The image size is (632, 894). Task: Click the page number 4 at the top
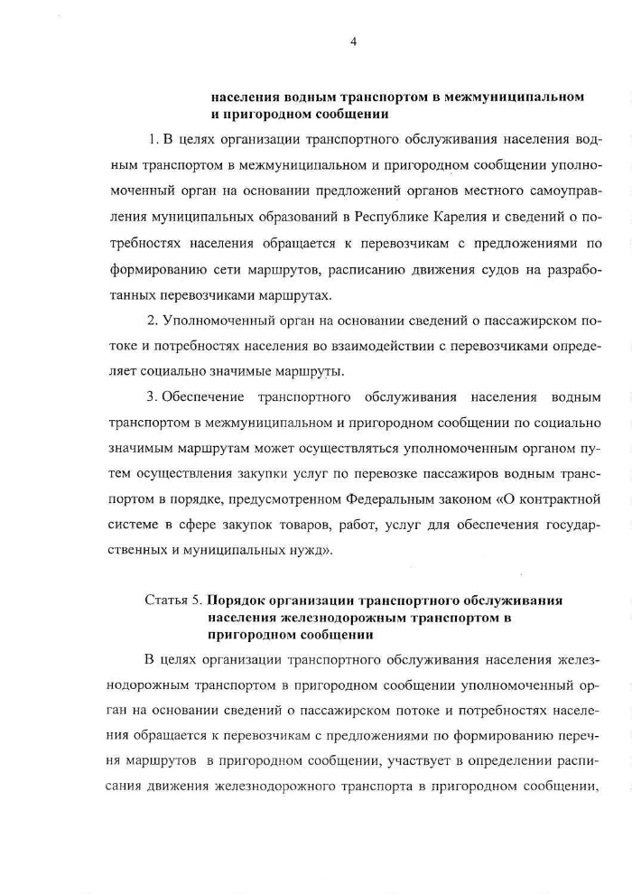pyautogui.click(x=354, y=39)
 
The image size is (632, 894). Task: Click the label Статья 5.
pyautogui.click(x=172, y=601)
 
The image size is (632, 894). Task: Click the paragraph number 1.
pyautogui.click(x=151, y=140)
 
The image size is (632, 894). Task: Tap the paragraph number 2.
pyautogui.click(x=151, y=321)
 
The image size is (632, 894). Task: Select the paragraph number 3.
pyautogui.click(x=151, y=396)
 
